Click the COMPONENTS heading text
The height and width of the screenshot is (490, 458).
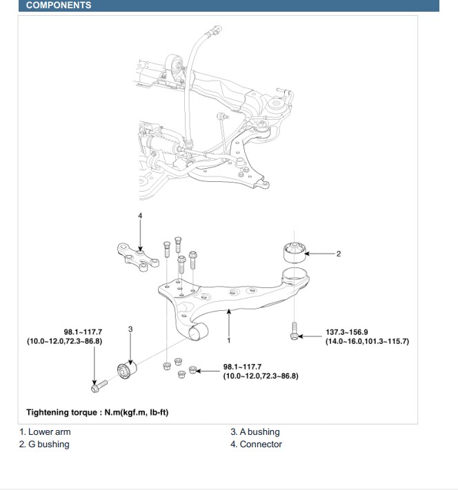tap(59, 6)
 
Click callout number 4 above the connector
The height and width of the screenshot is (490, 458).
tap(140, 216)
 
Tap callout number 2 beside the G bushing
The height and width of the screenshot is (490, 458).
tap(339, 254)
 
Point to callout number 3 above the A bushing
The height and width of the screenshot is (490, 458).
tap(130, 329)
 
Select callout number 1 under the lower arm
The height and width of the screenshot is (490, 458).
tap(228, 340)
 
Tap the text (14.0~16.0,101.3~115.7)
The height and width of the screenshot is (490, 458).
tap(367, 342)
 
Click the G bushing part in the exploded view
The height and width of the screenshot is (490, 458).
tap(295, 252)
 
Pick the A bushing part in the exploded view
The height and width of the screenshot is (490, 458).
tap(128, 371)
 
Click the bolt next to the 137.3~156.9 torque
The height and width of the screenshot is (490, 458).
tap(294, 331)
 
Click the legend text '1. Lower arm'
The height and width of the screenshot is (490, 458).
tap(45, 432)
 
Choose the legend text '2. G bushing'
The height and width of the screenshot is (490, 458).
tap(44, 445)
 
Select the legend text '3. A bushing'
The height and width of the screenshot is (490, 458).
tap(255, 432)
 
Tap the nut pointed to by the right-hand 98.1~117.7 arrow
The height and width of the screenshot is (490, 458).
tap(192, 371)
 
